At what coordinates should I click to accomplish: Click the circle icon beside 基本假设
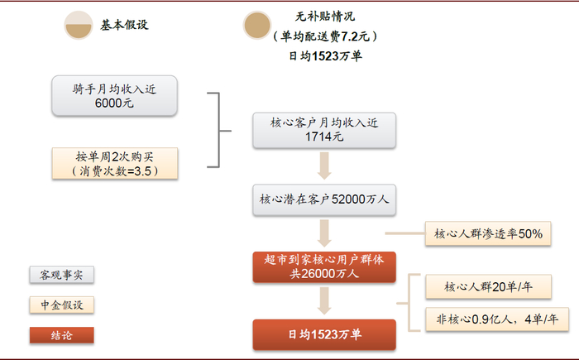(x=79, y=25)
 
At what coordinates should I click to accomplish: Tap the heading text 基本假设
(x=125, y=25)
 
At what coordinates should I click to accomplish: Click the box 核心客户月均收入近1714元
(x=323, y=129)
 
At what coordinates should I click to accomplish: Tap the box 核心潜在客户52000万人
(x=323, y=199)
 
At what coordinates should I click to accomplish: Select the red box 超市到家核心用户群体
(x=325, y=267)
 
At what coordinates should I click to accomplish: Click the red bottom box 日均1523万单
(x=325, y=334)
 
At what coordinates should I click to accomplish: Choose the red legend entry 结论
(x=61, y=336)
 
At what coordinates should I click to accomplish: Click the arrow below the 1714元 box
(x=324, y=165)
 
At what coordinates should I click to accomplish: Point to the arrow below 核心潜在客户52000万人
(x=324, y=232)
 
